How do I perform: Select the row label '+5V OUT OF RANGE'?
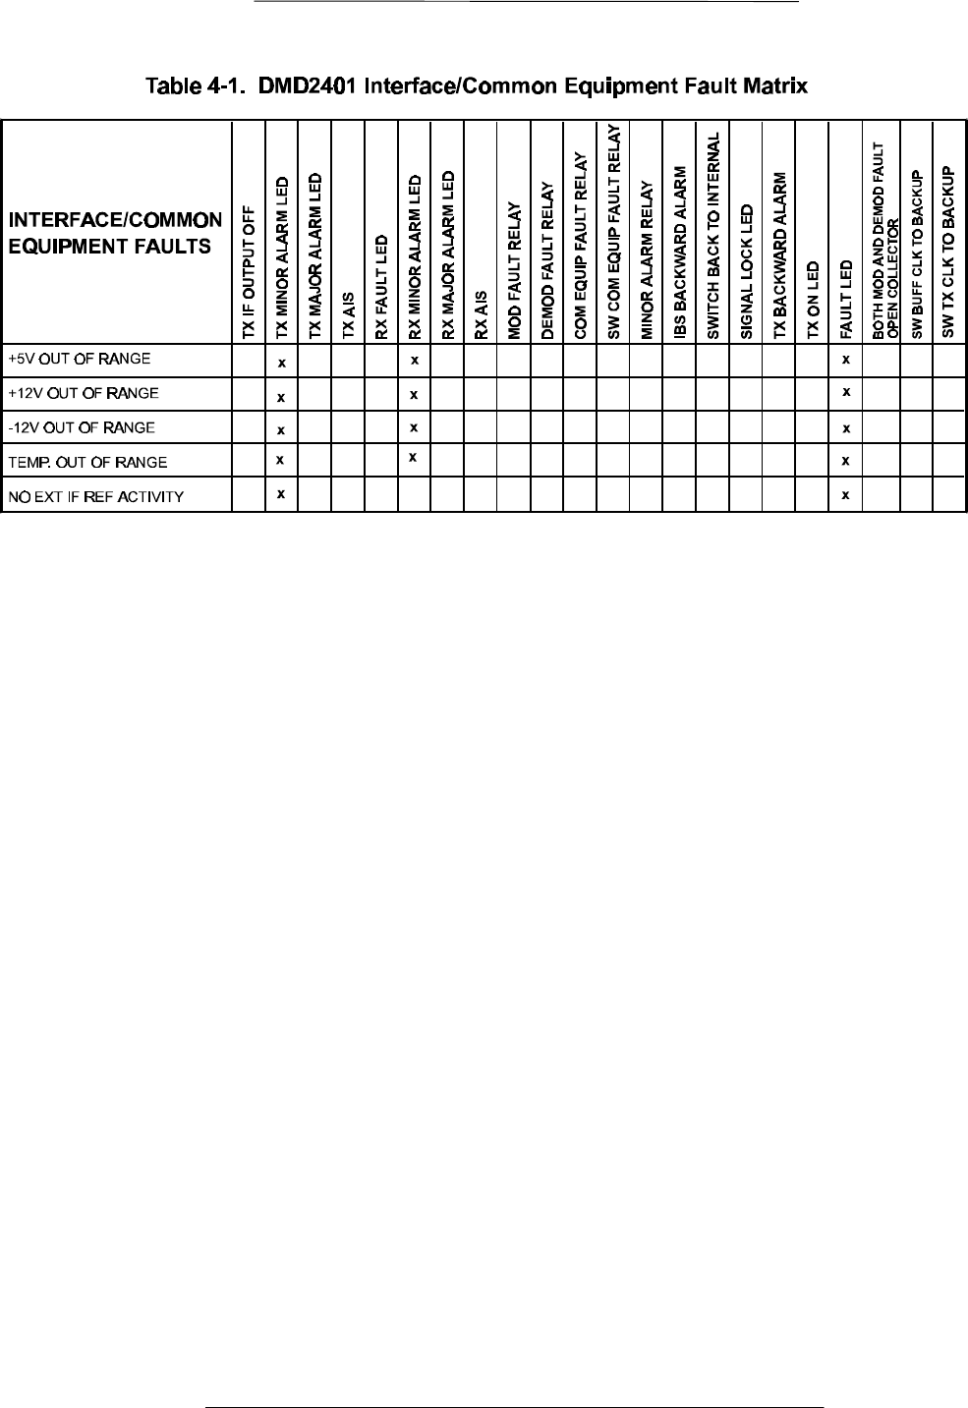point(79,359)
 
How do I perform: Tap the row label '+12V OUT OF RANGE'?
point(83,393)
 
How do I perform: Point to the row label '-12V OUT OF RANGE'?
point(81,427)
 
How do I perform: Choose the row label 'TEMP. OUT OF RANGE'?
point(87,462)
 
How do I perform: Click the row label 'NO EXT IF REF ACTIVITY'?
point(95,496)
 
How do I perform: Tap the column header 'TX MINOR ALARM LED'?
point(282,257)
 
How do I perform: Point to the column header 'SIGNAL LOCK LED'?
point(747,272)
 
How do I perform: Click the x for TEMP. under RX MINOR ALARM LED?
point(415,457)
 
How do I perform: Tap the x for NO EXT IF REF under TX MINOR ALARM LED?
point(281,493)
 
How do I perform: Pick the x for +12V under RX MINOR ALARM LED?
point(415,395)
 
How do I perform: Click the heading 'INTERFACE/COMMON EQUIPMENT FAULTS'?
point(114,233)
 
